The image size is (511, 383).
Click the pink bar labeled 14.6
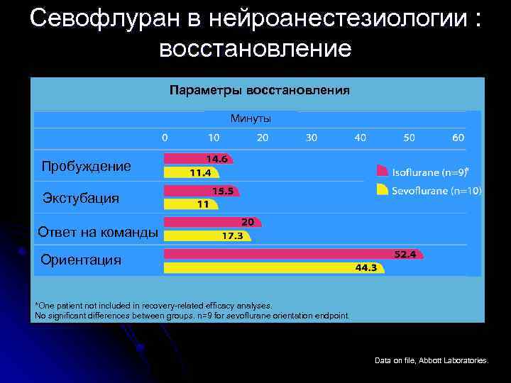[x=199, y=160]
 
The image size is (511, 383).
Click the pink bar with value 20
[x=212, y=222]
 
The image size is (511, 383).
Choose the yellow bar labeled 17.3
[x=206, y=235]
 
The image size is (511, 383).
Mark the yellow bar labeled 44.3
[x=274, y=267]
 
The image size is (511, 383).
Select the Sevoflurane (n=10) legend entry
[x=429, y=190]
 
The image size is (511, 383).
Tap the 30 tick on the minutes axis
[x=311, y=137]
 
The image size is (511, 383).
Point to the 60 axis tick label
[x=458, y=137]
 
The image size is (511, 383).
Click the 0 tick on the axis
[x=165, y=137]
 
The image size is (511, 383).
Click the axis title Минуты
[x=251, y=118]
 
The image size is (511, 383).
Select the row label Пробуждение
[x=86, y=167]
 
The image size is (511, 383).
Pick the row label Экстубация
[x=81, y=198]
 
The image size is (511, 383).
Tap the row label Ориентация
[x=81, y=260]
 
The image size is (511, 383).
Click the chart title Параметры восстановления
[x=258, y=91]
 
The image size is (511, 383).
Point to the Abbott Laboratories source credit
[x=432, y=361]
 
